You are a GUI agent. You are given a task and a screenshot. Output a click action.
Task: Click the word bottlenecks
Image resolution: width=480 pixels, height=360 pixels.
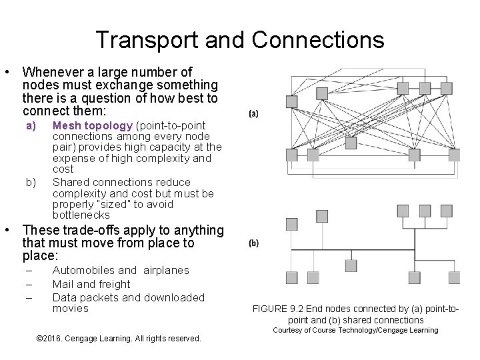(81, 215)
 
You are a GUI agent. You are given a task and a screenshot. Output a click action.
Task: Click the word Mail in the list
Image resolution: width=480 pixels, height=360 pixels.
(63, 283)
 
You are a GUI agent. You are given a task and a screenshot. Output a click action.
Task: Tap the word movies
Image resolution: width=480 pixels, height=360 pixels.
(70, 308)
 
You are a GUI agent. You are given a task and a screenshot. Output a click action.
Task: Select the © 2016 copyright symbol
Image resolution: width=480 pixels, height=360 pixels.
(37, 339)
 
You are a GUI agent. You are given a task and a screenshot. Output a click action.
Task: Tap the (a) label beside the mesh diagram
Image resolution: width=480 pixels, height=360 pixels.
(254, 114)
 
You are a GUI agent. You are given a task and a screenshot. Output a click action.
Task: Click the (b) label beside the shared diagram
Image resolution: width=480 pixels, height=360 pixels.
(254, 243)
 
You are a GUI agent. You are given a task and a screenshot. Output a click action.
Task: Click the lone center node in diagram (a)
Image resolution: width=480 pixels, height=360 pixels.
(291, 101)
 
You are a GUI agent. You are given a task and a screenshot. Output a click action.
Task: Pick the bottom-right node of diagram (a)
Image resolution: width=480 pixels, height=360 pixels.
(454, 155)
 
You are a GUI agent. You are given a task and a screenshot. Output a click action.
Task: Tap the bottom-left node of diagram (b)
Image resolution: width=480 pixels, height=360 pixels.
(291, 277)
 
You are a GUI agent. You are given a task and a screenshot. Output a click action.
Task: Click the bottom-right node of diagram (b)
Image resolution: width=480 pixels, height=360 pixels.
(454, 277)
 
